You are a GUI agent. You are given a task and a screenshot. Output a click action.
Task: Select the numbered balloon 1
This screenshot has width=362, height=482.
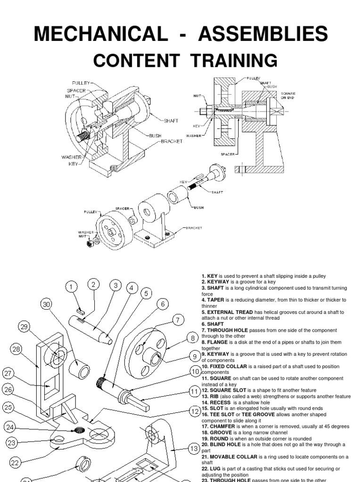[x=71, y=286]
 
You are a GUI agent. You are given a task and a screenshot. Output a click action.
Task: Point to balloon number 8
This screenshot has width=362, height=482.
[x=192, y=338]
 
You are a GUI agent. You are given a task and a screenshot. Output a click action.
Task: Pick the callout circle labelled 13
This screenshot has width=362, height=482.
[x=193, y=449]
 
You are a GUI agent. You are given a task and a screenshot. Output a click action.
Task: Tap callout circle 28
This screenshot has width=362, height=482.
[x=17, y=349]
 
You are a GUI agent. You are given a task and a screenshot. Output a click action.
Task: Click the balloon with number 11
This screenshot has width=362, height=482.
[x=194, y=391]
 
